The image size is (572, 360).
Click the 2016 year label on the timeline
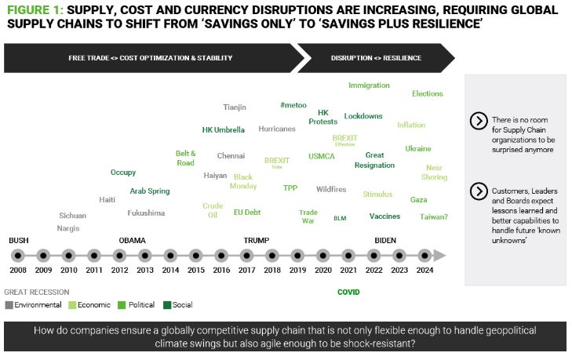click(221, 270)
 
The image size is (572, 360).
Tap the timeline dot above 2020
click(322, 256)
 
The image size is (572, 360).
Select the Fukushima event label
click(147, 213)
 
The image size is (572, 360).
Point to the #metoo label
click(293, 105)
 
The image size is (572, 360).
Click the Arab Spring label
click(150, 191)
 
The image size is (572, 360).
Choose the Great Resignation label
click(374, 160)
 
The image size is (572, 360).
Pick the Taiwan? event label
click(434, 216)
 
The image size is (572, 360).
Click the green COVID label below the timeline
click(348, 292)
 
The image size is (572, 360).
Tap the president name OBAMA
click(133, 239)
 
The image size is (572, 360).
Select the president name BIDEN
click(386, 239)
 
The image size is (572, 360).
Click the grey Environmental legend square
click(9, 305)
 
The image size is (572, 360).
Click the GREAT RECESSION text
click(37, 292)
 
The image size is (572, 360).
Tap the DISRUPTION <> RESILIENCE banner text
click(376, 57)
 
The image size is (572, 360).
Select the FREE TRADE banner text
click(150, 57)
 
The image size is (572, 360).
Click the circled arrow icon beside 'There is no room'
click(478, 121)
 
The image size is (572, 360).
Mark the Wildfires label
click(331, 189)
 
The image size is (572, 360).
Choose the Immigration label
click(369, 85)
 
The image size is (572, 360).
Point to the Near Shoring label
click(434, 173)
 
